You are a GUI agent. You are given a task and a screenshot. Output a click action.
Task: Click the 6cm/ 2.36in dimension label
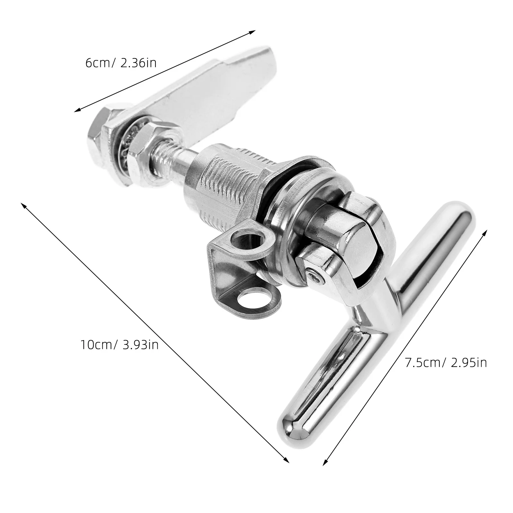click(121, 63)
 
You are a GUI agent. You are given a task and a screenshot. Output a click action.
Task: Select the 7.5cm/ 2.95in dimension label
click(446, 363)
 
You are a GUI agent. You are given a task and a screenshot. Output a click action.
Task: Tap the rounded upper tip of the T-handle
click(462, 213)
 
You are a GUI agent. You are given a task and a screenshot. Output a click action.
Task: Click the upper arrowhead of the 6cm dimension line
click(254, 31)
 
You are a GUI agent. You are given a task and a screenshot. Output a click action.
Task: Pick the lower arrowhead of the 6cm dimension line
click(76, 111)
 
